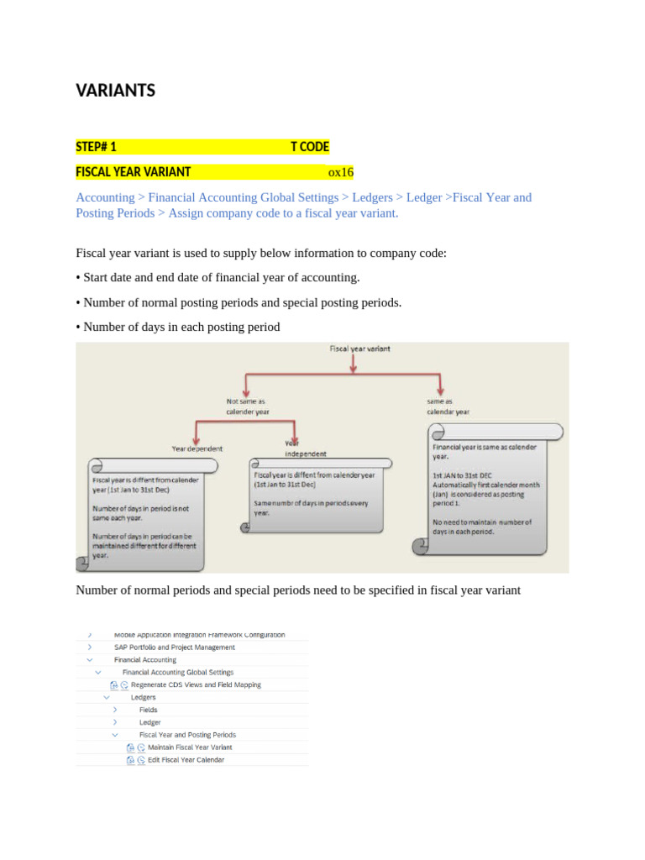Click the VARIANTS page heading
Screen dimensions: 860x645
116,91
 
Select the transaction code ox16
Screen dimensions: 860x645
340,173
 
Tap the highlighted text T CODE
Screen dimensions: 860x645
309,147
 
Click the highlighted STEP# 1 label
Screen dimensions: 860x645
96,147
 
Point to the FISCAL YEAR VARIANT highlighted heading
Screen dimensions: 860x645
133,172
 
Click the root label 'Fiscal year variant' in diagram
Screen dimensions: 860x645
359,348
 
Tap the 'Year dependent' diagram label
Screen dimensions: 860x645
197,448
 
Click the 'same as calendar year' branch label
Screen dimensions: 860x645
448,406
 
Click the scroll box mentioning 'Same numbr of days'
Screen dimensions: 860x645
315,496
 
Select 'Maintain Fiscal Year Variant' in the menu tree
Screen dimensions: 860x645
190,747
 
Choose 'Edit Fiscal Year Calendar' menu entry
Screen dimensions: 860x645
186,760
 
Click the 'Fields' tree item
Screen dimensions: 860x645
148,710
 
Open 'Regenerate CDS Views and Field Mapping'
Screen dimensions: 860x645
196,684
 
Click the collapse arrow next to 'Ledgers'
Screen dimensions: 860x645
107,697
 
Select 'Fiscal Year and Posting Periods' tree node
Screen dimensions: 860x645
187,735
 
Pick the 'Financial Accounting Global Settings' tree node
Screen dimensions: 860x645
178,672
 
